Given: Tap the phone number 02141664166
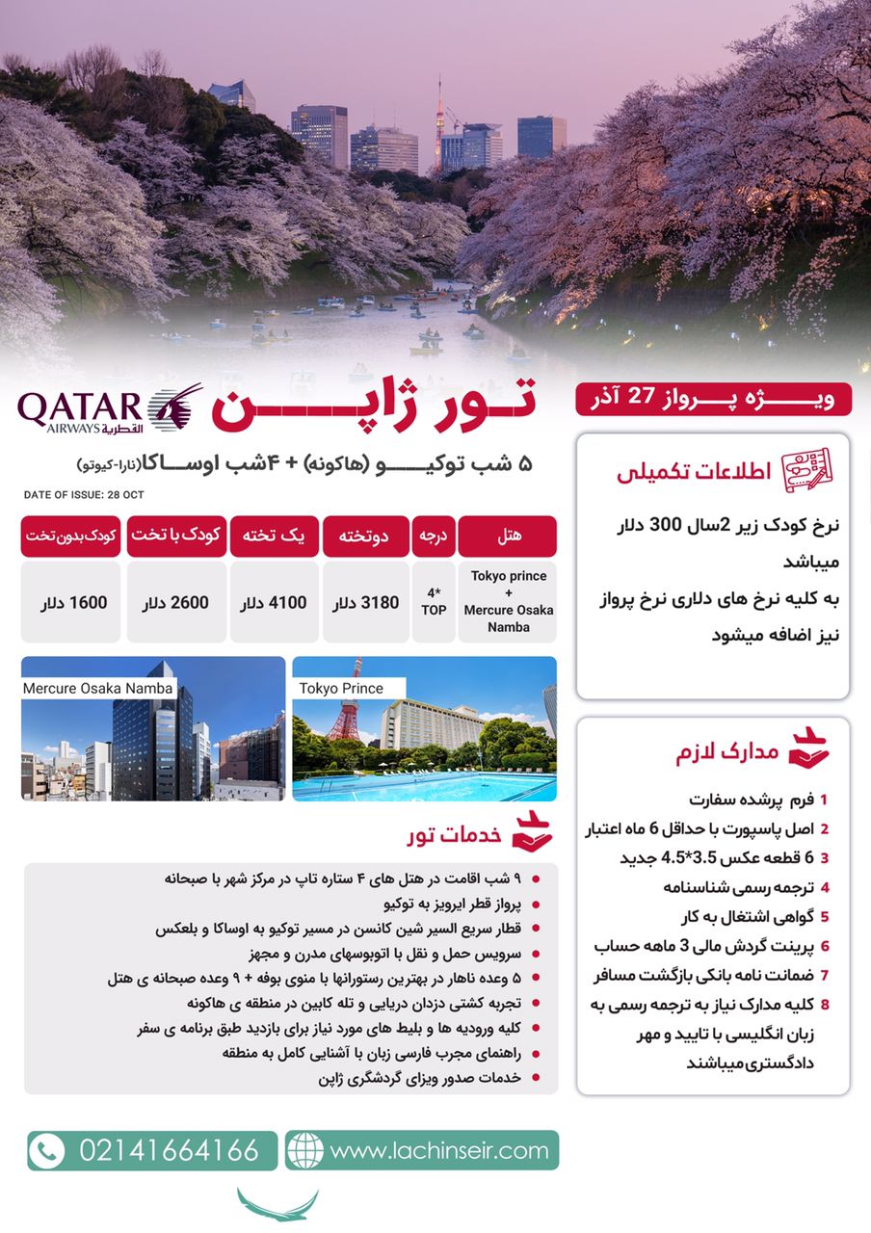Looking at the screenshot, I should pyautogui.click(x=169, y=1150).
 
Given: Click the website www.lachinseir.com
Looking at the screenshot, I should pyautogui.click(x=438, y=1150).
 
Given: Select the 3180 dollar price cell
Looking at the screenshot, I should pyautogui.click(x=365, y=603).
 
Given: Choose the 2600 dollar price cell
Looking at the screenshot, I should pyautogui.click(x=175, y=603).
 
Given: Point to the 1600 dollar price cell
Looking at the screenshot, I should pyautogui.click(x=73, y=603).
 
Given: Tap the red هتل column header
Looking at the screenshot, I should pyautogui.click(x=507, y=536).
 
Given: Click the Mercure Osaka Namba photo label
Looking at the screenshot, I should pyautogui.click(x=97, y=688).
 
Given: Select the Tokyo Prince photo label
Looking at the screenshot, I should pyautogui.click(x=341, y=688).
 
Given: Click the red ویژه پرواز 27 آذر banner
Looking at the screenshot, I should pyautogui.click(x=713, y=399).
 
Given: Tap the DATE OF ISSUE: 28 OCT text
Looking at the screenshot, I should pyautogui.click(x=83, y=495).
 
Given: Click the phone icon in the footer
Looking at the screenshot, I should pyautogui.click(x=46, y=1150).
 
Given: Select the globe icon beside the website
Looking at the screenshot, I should pyautogui.click(x=305, y=1150).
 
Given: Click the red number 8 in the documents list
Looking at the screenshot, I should pyautogui.click(x=825, y=1005).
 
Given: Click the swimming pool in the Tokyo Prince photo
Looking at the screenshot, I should pyautogui.click(x=424, y=785).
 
